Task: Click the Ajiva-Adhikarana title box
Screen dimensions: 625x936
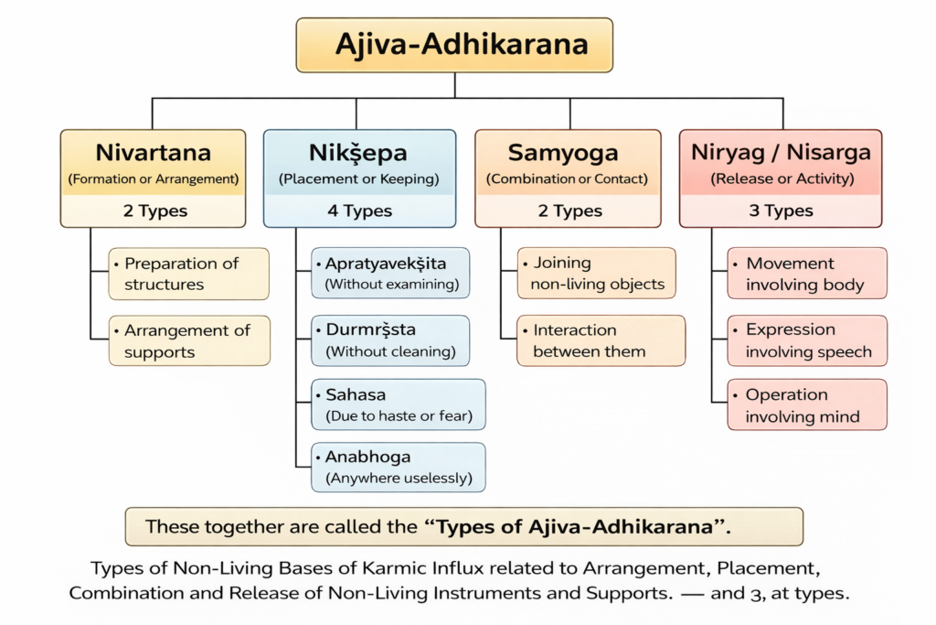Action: [454, 45]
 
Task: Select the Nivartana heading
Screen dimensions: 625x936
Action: [153, 152]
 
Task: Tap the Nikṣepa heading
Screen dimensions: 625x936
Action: [359, 152]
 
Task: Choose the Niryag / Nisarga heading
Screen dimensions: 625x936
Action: [781, 152]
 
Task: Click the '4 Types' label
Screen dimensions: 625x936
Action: [359, 211]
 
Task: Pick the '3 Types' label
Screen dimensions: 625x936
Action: [781, 211]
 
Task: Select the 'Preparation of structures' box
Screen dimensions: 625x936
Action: [189, 274]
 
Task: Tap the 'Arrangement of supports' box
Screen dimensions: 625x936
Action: [189, 340]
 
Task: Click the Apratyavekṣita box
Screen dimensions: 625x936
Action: [391, 273]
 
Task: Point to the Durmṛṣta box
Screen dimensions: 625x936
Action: [391, 340]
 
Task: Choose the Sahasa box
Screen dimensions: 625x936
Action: [398, 405]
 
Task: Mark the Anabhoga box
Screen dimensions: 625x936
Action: [398, 467]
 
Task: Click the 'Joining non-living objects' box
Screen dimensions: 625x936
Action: [597, 274]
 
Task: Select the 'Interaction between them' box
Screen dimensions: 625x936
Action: [601, 340]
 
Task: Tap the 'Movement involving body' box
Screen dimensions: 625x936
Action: [807, 274]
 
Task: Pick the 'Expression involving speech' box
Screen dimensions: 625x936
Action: [807, 340]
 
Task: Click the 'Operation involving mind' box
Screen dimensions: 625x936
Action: [807, 405]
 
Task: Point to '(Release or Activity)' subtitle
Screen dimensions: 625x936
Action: [781, 179]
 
